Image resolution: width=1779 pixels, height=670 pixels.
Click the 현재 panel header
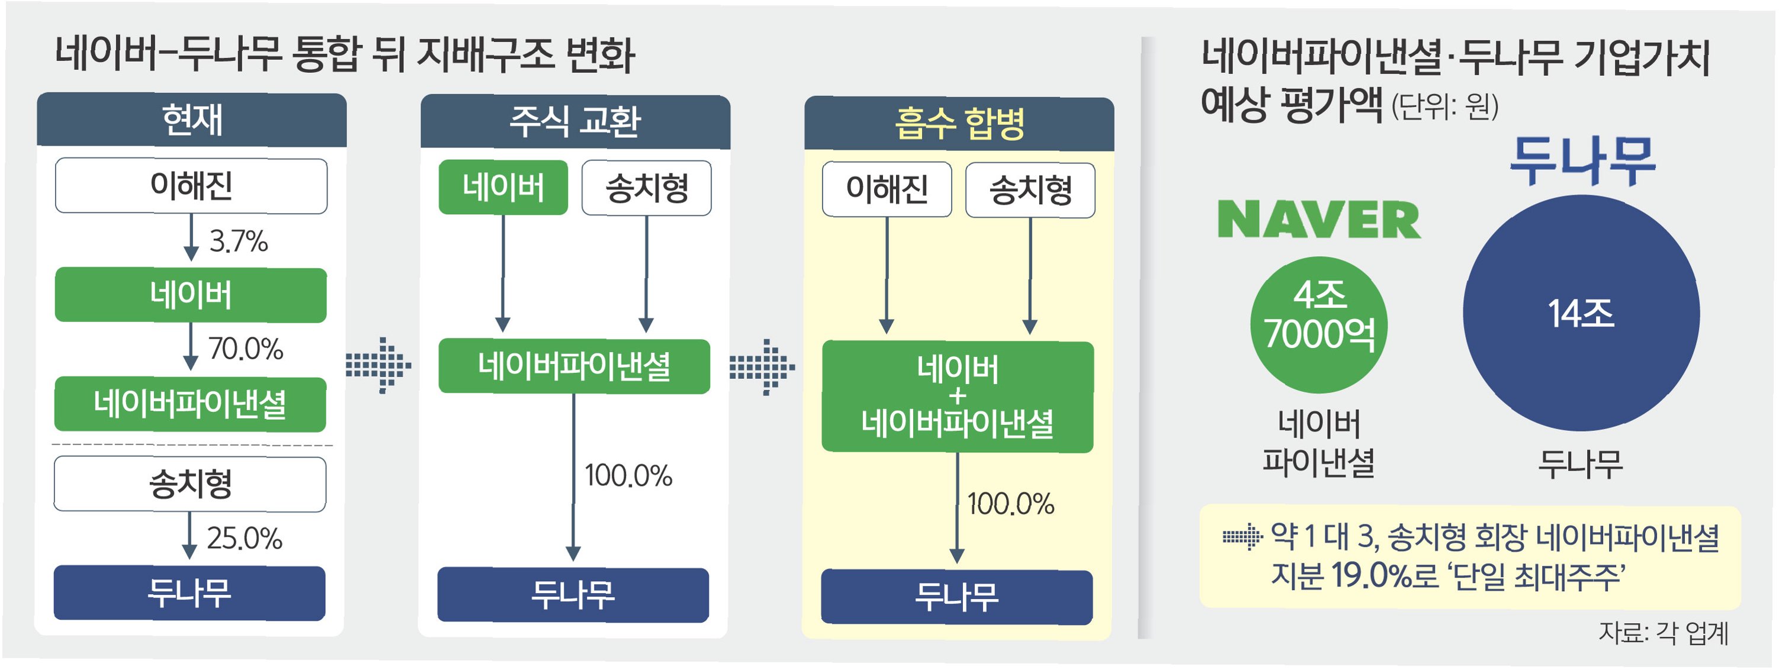pos(191,120)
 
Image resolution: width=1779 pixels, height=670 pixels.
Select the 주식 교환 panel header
pos(574,121)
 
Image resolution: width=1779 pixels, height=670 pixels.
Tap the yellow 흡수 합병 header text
pos(959,124)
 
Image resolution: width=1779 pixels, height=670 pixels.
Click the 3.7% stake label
pos(238,241)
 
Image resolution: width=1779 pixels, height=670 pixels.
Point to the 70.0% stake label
pos(245,349)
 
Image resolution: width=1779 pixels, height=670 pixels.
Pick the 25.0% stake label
pos(244,538)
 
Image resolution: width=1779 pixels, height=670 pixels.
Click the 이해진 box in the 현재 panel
pos(191,186)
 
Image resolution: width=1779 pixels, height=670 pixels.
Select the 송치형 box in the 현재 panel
pos(190,484)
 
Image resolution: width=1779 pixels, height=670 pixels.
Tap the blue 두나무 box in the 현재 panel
pos(190,592)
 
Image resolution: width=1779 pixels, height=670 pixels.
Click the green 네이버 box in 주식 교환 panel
pos(503,188)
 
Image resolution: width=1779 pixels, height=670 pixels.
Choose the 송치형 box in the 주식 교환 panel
pos(647,188)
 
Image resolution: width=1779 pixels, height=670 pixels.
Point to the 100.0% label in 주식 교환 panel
pos(628,476)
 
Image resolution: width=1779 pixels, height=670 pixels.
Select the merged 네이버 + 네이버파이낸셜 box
pos(957,397)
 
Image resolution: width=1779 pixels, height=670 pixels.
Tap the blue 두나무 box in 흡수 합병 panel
pos(956,597)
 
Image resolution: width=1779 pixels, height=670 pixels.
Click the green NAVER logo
pos(1318,220)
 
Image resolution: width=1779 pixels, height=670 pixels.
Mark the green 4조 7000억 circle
pos(1318,324)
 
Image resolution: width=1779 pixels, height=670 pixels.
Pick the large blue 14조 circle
pos(1581,313)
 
